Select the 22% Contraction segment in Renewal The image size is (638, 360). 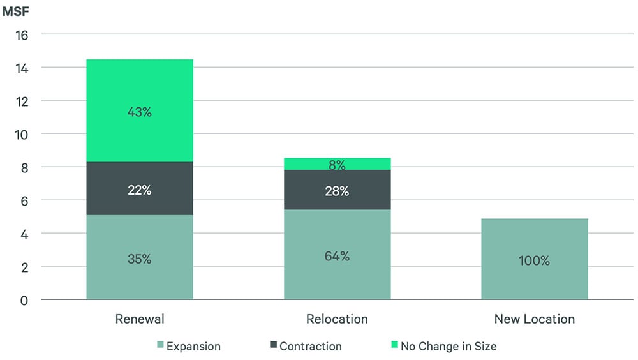click(x=139, y=189)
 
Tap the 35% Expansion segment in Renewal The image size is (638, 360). click(x=139, y=258)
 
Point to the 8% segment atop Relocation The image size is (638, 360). click(x=337, y=164)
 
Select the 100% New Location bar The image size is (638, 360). click(x=534, y=259)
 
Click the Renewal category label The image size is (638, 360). click(x=139, y=319)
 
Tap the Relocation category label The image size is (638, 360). click(x=337, y=319)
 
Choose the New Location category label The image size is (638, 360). click(x=534, y=319)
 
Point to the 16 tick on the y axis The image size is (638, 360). click(x=22, y=34)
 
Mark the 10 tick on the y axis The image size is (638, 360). click(x=22, y=134)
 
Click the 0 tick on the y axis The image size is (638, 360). click(x=25, y=300)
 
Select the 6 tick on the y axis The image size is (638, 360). click(x=25, y=200)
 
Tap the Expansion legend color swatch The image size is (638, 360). click(x=159, y=346)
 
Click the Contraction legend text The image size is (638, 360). click(x=310, y=347)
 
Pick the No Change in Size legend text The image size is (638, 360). click(x=448, y=347)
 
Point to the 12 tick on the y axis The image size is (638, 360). click(x=22, y=101)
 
